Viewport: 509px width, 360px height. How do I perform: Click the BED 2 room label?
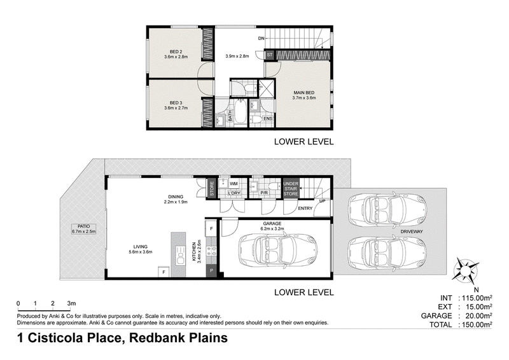pyautogui.click(x=176, y=52)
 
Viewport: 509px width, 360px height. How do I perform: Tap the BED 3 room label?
pyautogui.click(x=176, y=103)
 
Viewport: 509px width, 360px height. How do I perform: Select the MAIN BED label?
pyautogui.click(x=304, y=92)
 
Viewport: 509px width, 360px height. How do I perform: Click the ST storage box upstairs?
pyautogui.click(x=270, y=55)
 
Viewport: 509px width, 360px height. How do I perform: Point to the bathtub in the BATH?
pyautogui.click(x=241, y=111)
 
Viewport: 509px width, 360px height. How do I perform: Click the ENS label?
pyautogui.click(x=268, y=119)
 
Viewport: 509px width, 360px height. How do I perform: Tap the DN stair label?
pyautogui.click(x=261, y=39)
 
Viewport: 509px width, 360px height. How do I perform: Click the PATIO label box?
pyautogui.click(x=84, y=229)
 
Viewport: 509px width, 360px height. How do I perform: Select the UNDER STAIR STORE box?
pyautogui.click(x=291, y=189)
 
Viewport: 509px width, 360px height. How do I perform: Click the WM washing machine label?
pyautogui.click(x=234, y=184)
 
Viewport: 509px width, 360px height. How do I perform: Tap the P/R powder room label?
pyautogui.click(x=264, y=193)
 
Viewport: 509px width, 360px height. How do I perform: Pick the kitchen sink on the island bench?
pyautogui.click(x=179, y=255)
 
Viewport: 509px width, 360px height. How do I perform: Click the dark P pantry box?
pyautogui.click(x=211, y=270)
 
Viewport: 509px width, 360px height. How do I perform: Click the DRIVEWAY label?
pyautogui.click(x=412, y=232)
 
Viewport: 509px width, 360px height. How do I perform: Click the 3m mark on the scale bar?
pyautogui.click(x=71, y=303)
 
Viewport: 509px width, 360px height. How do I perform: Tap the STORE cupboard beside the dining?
pyautogui.click(x=212, y=188)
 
